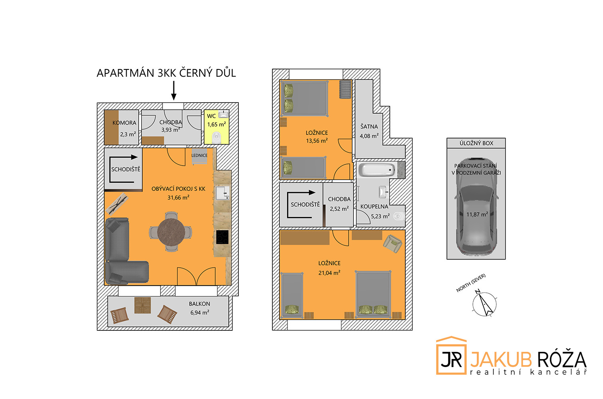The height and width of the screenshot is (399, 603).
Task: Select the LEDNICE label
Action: click(199, 156)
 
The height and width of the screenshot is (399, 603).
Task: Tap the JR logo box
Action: click(451, 356)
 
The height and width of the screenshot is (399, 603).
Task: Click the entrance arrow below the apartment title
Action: click(174, 91)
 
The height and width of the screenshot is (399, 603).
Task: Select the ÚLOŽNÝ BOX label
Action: click(476, 143)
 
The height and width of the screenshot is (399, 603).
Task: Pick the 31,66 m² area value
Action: click(178, 198)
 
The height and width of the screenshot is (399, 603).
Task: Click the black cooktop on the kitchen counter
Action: click(222, 237)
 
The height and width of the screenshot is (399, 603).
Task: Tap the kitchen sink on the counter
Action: click(222, 193)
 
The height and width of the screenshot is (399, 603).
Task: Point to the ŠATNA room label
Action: click(369, 126)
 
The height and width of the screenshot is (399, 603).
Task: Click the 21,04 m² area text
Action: click(329, 273)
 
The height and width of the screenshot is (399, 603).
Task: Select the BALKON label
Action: click(199, 304)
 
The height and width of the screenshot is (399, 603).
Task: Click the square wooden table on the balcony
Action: click(143, 306)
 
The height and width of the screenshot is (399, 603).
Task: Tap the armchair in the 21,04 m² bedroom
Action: click(393, 243)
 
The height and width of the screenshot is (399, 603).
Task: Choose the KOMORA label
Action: click(124, 123)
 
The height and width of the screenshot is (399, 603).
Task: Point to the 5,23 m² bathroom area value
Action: click(380, 216)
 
